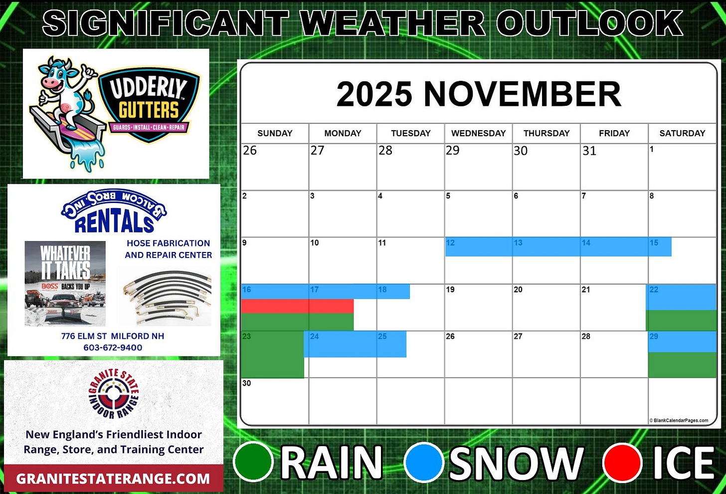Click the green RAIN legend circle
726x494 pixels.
coord(253,462)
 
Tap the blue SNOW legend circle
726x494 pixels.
coord(424,462)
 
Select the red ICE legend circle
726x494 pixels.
coord(622,462)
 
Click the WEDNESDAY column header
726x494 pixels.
coord(478,133)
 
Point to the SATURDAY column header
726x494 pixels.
coord(682,133)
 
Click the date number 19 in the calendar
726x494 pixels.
coord(450,289)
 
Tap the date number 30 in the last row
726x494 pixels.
coord(247,383)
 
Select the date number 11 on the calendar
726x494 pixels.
coord(382,243)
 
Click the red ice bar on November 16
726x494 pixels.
coord(297,306)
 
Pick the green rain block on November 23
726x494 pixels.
coord(272,357)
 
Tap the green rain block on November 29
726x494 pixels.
coord(682,365)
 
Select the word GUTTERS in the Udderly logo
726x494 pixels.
coord(148,109)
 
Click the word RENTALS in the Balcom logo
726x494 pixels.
coord(114,223)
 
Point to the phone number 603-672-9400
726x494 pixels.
coord(113,347)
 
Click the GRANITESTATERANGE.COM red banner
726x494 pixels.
coord(113,479)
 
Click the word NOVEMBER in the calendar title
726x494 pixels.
coord(522,94)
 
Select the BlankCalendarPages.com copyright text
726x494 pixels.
coord(679,420)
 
